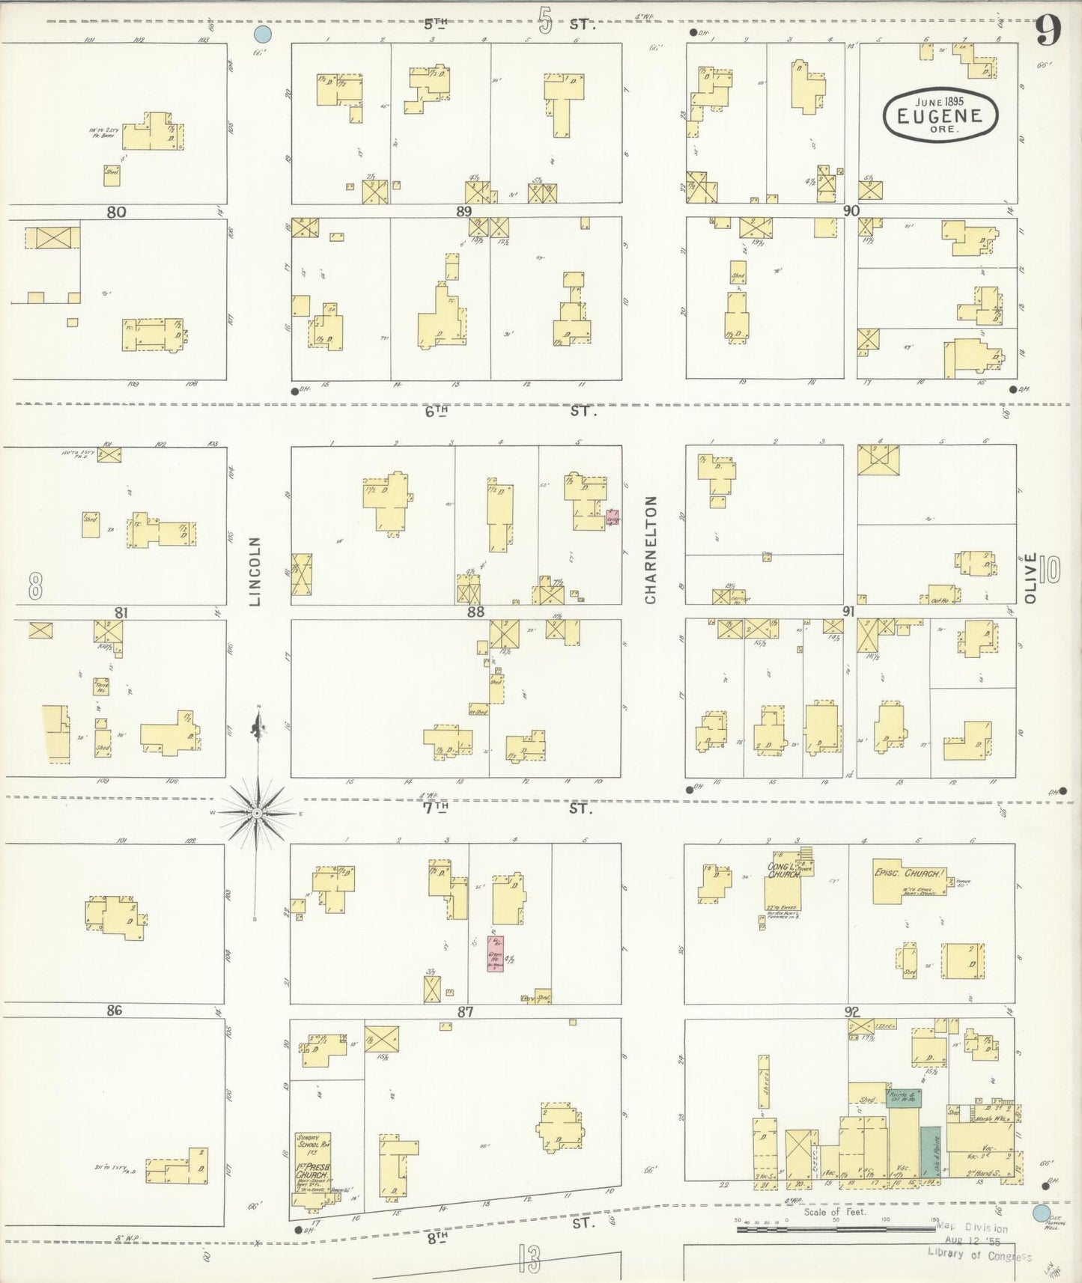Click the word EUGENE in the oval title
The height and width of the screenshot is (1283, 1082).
[x=941, y=115]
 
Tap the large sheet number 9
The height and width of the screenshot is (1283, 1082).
[x=1048, y=32]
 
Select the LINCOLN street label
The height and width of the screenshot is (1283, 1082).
[x=255, y=571]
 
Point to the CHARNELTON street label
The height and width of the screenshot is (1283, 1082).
[x=650, y=549]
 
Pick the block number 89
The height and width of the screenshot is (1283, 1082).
[x=464, y=211]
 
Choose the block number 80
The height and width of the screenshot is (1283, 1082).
[x=116, y=212]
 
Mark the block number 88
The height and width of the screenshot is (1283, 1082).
[x=475, y=612]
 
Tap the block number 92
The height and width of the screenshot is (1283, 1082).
[x=851, y=1012]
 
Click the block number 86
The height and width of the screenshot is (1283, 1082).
[x=114, y=1011]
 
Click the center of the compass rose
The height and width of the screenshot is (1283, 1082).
[x=257, y=812]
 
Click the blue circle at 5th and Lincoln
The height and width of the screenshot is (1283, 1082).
[x=262, y=34]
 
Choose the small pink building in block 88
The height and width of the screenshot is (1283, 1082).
[x=613, y=517]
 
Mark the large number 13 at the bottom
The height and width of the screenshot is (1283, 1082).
[x=528, y=1259]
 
